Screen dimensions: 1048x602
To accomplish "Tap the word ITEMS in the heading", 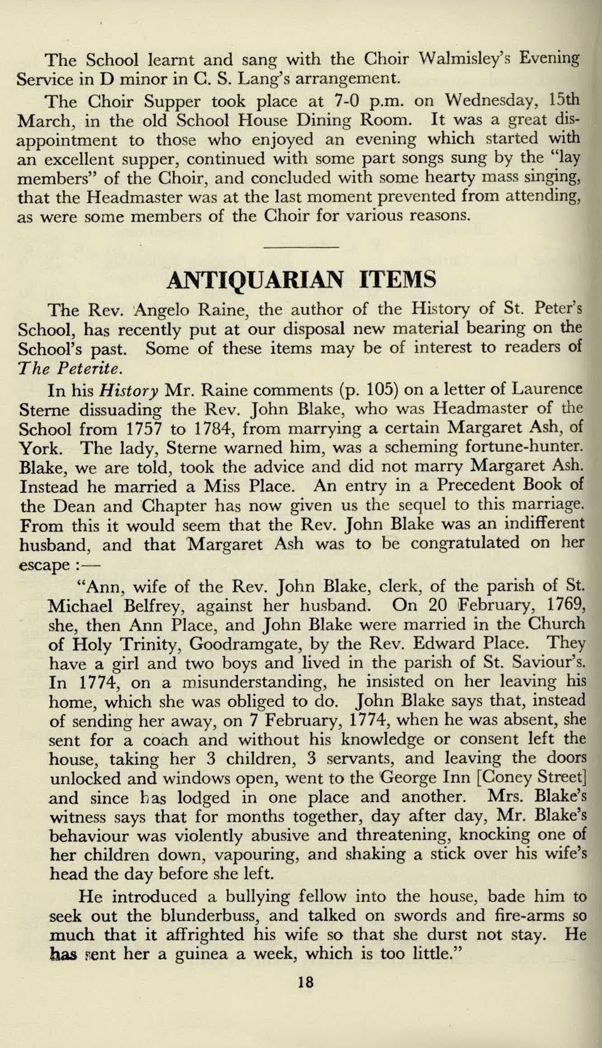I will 397,280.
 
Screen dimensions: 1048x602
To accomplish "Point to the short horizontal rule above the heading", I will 300,247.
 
